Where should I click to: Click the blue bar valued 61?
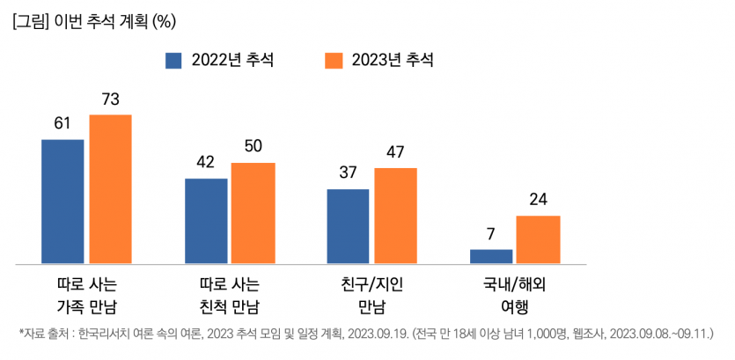pyautogui.click(x=62, y=201)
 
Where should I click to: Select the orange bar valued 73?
pyautogui.click(x=109, y=188)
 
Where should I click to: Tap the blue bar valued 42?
pyautogui.click(x=206, y=220)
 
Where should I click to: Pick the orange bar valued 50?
pyautogui.click(x=253, y=212)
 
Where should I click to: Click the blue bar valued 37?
pyautogui.click(x=348, y=225)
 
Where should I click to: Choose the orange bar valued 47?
pyautogui.click(x=395, y=215)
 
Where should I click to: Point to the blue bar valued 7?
pyautogui.click(x=491, y=255)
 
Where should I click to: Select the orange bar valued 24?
pyautogui.click(x=538, y=239)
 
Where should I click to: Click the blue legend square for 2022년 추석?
pyautogui.click(x=173, y=60)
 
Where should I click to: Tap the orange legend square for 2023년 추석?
pyautogui.click(x=334, y=60)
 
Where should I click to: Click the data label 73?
pyautogui.click(x=110, y=99)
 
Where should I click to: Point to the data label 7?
pyautogui.click(x=491, y=235)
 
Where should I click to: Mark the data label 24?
pyautogui.click(x=539, y=200)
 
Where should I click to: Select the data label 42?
pyautogui.click(x=206, y=163)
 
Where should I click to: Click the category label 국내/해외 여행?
pyautogui.click(x=515, y=296)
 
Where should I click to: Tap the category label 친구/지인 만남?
pyautogui.click(x=371, y=296)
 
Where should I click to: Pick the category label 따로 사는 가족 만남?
pyautogui.click(x=86, y=296)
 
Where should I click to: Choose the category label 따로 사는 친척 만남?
pyautogui.click(x=230, y=296)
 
